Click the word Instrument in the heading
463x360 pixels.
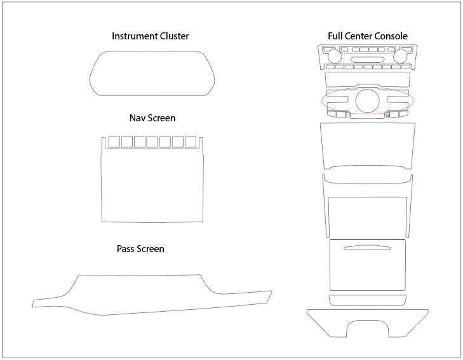click(135, 36)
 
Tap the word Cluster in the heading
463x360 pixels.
click(174, 36)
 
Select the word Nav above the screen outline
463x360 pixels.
click(137, 118)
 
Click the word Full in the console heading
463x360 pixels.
click(335, 36)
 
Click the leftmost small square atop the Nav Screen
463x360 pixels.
click(114, 142)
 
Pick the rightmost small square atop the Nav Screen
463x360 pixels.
click(191, 142)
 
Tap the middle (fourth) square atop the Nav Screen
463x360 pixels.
click(152, 142)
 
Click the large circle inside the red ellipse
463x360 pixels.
click(367, 100)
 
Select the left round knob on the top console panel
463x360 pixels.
click(335, 57)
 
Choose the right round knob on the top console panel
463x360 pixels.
click(400, 57)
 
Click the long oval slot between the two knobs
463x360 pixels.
click(367, 60)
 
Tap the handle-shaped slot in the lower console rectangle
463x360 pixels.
click(367, 248)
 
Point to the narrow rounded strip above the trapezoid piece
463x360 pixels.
click(368, 300)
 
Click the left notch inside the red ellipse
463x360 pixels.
click(337, 100)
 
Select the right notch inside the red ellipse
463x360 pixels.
click(398, 100)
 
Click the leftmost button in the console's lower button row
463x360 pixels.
click(330, 67)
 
